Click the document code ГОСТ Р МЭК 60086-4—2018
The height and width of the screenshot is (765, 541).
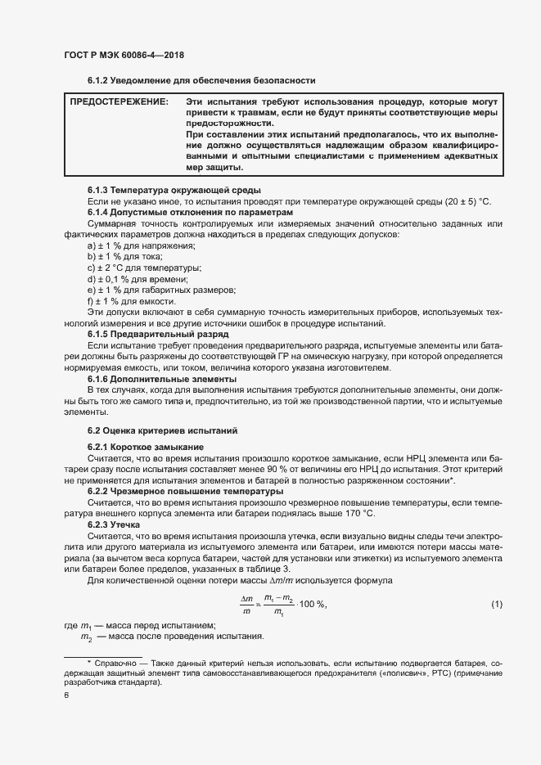[x=123, y=55]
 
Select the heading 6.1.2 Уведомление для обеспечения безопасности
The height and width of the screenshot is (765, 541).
[x=201, y=80]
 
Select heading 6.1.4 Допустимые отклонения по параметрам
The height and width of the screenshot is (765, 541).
[x=186, y=213]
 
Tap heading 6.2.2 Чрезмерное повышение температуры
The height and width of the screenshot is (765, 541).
[x=180, y=491]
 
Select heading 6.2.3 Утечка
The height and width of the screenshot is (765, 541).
[x=115, y=524]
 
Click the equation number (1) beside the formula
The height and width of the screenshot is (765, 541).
[x=496, y=604]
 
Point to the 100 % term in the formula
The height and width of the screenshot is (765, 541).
[x=310, y=605]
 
